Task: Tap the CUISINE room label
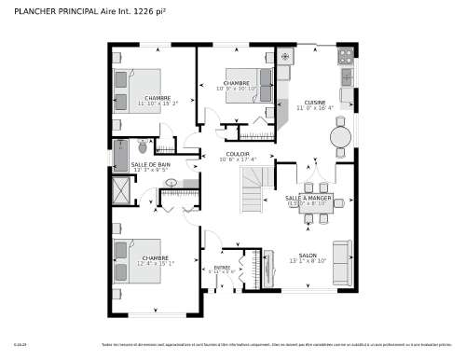pos(314,102)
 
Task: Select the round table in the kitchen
pos(341,136)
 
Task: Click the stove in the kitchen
pos(346,76)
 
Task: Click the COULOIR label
pos(237,154)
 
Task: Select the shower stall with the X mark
pos(121,191)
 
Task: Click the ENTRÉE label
pos(222,268)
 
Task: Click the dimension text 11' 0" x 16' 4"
pos(314,108)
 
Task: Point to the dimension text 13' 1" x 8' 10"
pos(307,262)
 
